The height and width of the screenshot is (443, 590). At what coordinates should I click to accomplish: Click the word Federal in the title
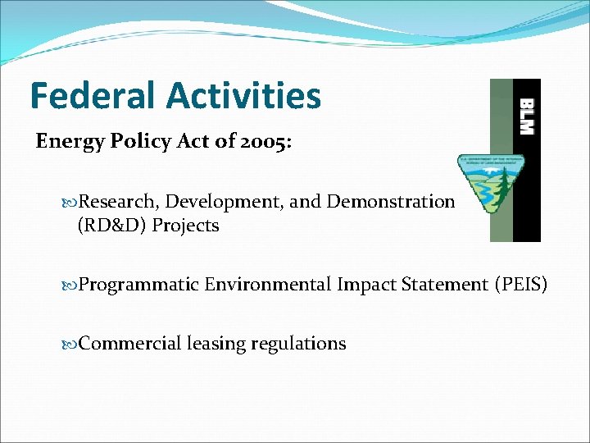click(93, 95)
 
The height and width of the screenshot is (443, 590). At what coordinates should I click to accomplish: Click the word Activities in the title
click(245, 95)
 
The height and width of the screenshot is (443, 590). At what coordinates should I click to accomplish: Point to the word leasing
click(217, 344)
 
